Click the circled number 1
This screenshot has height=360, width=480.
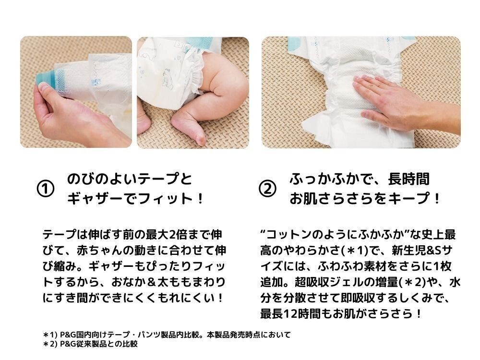pos(45,189)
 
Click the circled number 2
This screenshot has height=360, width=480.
pos(267,189)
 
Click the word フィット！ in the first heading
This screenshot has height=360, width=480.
pos(171,199)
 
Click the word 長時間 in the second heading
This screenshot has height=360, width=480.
pos(408,179)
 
